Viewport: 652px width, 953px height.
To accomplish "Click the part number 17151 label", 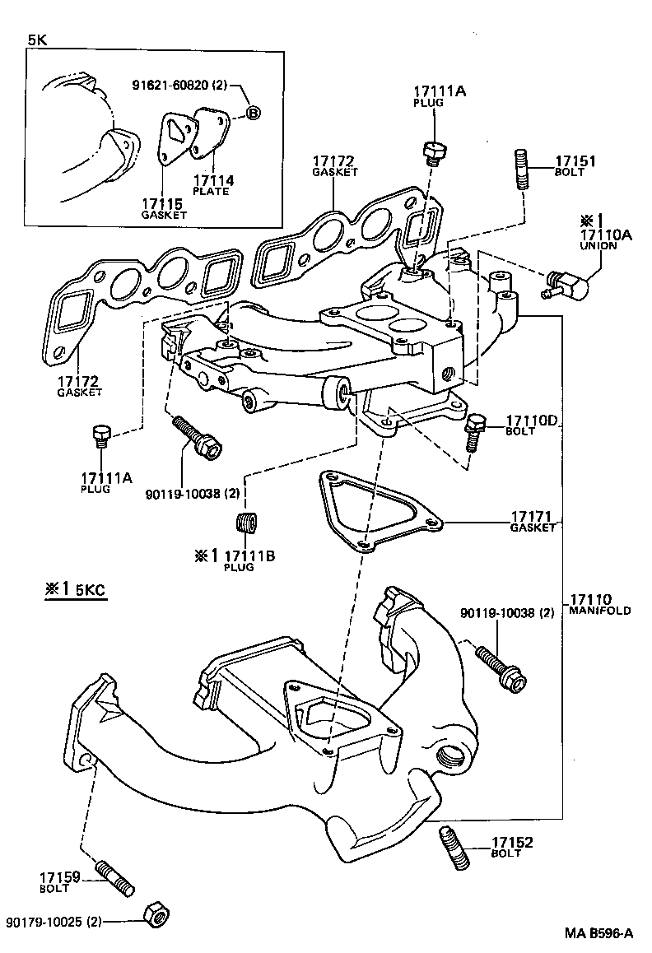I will click(x=575, y=162).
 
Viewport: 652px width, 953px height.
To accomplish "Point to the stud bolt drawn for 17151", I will click(x=520, y=170).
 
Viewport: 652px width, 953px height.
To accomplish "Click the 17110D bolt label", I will click(x=532, y=422).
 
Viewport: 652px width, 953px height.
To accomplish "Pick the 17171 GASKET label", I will click(x=533, y=522).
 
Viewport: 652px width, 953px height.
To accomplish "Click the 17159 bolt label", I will click(x=58, y=881).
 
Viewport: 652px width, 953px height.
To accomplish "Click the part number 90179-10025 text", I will click(x=51, y=922).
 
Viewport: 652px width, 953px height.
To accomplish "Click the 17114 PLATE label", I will click(x=212, y=184).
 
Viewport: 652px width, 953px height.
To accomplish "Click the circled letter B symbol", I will click(x=253, y=113).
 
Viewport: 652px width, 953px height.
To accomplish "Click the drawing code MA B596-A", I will click(x=598, y=932).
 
